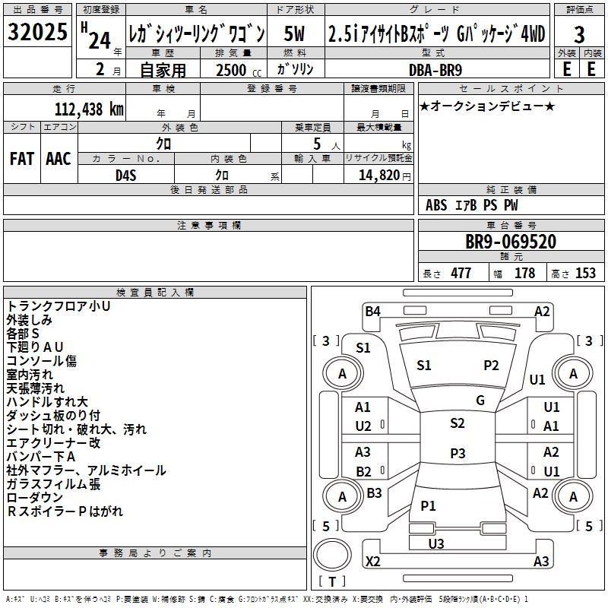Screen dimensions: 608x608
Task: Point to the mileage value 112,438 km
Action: point(89,109)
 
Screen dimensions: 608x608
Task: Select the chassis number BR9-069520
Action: point(510,242)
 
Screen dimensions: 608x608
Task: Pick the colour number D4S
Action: point(126,174)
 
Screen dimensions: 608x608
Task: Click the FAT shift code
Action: point(21,159)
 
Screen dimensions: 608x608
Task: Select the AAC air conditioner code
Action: point(58,159)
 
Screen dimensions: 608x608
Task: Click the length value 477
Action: point(461,274)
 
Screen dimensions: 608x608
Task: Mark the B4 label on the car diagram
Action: point(372,310)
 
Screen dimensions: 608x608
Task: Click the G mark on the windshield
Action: point(480,401)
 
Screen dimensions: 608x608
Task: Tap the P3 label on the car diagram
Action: point(457,454)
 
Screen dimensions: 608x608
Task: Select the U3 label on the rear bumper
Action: point(436,543)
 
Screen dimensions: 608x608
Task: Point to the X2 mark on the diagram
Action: point(372,562)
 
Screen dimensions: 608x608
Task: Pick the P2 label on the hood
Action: point(492,366)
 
